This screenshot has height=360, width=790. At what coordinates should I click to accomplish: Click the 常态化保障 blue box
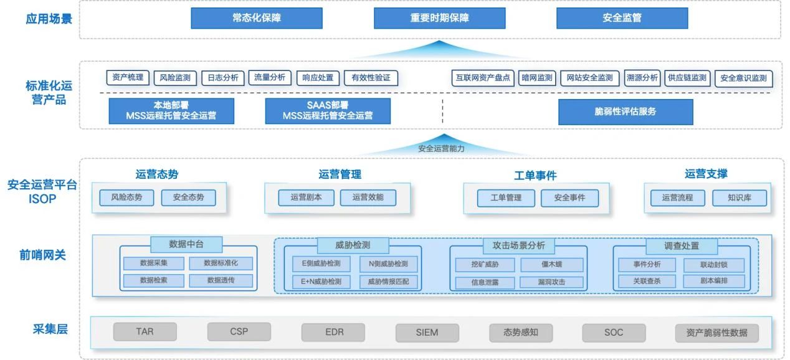(x=255, y=18)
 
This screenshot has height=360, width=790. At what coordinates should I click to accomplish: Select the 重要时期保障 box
(x=439, y=18)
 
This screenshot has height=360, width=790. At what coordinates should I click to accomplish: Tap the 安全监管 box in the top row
(x=621, y=18)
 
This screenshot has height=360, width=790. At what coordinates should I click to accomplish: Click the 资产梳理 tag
(x=128, y=78)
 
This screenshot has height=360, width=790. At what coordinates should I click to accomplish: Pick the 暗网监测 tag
(x=536, y=78)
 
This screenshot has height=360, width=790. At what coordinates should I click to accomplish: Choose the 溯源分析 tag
(x=642, y=78)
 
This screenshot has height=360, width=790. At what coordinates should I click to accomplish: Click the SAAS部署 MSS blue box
(x=328, y=111)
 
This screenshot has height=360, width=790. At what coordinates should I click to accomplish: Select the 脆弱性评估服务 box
(x=625, y=111)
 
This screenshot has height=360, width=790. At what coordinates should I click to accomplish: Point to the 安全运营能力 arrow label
(x=441, y=149)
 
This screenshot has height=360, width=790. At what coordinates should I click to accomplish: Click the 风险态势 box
(x=126, y=198)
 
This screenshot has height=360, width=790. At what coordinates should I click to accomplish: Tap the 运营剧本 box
(x=306, y=198)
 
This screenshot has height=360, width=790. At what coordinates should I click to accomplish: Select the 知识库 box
(x=739, y=198)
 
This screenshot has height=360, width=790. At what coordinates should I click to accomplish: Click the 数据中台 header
(x=186, y=244)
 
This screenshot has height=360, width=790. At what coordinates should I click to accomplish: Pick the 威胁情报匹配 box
(x=388, y=282)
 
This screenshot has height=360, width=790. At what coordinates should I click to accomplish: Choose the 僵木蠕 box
(x=551, y=264)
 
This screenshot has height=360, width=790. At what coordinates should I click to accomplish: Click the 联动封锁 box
(x=713, y=265)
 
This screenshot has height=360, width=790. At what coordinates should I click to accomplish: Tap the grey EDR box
(x=334, y=332)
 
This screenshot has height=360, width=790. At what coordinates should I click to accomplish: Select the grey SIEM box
(x=427, y=333)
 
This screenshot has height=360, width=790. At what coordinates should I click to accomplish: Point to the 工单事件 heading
(x=535, y=176)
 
